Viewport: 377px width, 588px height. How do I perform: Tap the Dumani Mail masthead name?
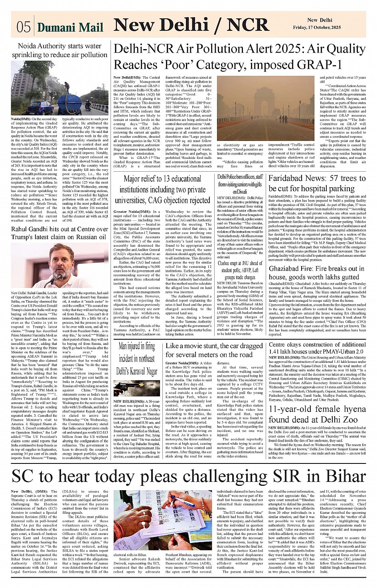click(x=70, y=27)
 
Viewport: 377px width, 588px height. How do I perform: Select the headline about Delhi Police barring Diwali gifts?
click(x=240, y=184)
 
